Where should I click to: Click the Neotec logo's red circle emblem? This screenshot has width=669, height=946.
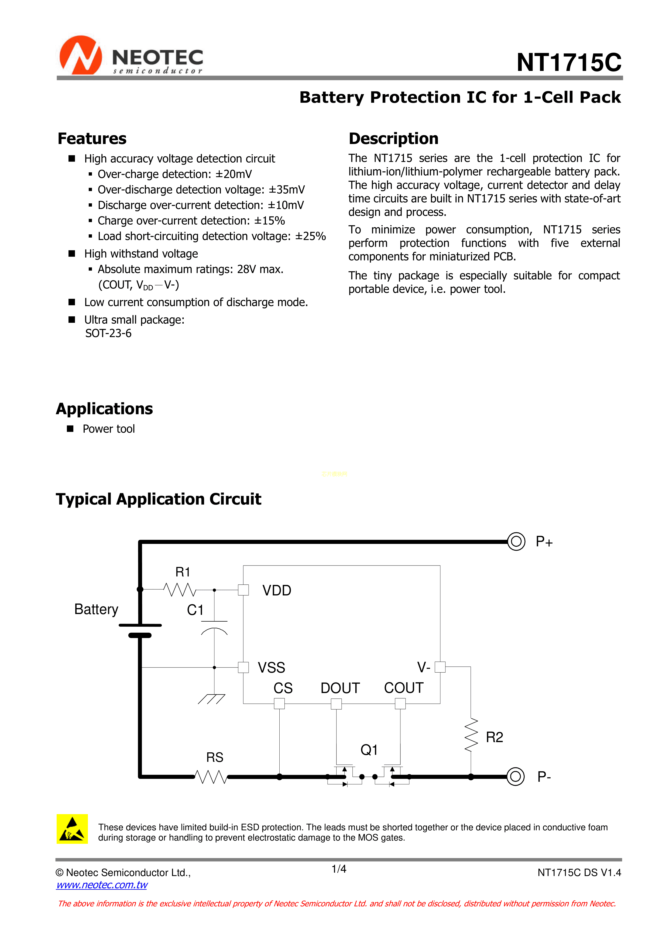81,55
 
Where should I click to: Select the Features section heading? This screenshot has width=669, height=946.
92,139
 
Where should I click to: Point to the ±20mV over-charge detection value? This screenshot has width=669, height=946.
234,174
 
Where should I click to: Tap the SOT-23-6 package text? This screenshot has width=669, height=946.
108,333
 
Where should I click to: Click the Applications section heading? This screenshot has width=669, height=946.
104,409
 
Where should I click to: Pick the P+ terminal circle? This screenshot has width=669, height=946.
516,541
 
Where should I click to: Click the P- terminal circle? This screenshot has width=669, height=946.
515,777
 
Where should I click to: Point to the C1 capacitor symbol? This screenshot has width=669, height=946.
214,626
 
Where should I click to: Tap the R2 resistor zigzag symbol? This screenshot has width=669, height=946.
471,735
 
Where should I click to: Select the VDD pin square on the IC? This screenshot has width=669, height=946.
243,590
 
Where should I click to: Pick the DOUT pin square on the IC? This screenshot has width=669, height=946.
336,704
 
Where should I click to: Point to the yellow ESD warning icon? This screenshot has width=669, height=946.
72,829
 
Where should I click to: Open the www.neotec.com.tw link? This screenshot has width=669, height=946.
102,885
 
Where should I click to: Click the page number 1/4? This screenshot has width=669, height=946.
339,869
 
